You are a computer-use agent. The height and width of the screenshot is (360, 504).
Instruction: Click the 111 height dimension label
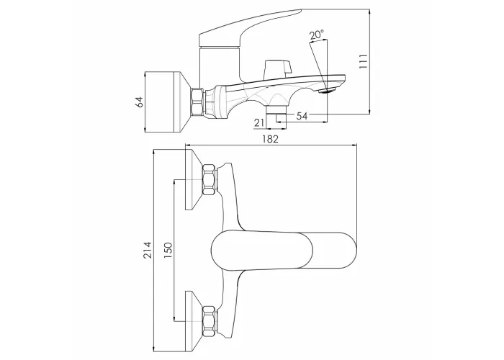(x=363, y=60)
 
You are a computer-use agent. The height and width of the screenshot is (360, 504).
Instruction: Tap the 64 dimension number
(x=140, y=102)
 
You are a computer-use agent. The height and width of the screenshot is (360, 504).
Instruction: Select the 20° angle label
(x=317, y=35)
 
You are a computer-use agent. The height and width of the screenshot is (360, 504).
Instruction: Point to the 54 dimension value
(x=302, y=116)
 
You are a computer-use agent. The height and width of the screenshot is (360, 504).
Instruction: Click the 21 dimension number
(x=259, y=122)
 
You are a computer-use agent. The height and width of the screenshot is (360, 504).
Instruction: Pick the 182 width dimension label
(x=270, y=139)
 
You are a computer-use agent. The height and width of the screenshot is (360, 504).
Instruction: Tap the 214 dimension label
(x=147, y=250)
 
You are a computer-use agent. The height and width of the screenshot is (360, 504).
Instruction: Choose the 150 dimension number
(x=168, y=251)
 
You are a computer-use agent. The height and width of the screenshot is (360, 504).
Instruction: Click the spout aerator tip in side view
(x=327, y=91)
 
